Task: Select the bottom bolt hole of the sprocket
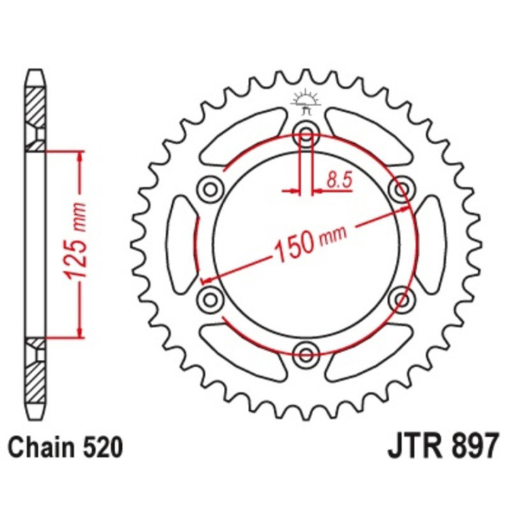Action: pos(306,352)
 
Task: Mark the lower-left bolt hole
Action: pos(210,297)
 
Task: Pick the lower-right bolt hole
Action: pos(402,297)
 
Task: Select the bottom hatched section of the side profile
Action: pos(34,375)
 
